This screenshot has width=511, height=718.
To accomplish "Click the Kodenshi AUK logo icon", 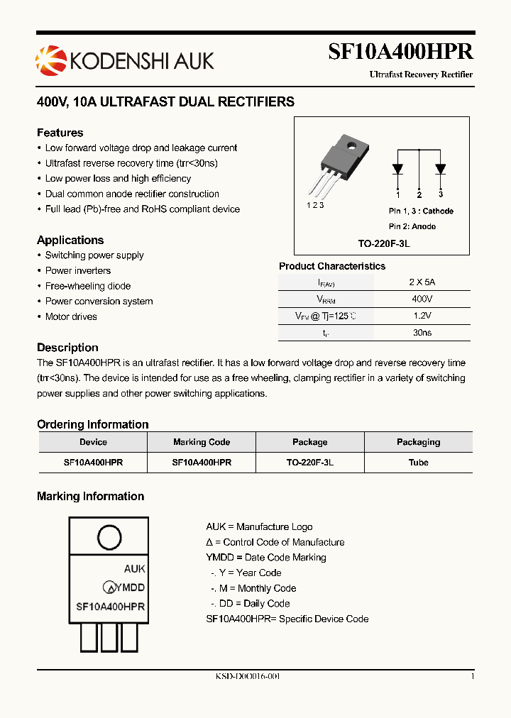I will click(50, 60).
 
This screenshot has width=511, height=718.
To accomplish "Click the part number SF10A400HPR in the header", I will click(400, 52).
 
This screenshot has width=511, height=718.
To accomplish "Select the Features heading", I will click(60, 133).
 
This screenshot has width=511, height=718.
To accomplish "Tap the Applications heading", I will click(70, 240).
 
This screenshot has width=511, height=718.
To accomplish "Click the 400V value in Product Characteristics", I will click(422, 299).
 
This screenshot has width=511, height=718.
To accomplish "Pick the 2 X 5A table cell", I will click(422, 282).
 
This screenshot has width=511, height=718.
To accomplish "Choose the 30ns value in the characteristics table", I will click(422, 332).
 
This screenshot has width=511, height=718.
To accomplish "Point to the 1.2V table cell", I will click(422, 316).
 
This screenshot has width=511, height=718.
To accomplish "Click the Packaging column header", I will click(418, 442).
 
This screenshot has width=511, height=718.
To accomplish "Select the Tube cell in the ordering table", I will click(418, 462).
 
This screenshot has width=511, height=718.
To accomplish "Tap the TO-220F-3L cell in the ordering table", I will click(309, 462).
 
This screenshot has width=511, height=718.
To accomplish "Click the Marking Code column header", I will click(202, 442).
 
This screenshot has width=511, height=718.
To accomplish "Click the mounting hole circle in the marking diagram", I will click(109, 536).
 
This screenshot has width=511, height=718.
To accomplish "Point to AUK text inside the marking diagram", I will click(134, 568).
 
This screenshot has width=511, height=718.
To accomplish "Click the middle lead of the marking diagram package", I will click(109, 637).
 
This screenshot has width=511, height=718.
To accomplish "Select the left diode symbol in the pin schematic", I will click(397, 169).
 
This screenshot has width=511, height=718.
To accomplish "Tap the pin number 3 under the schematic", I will click(441, 194).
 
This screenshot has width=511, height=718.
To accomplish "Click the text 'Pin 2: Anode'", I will click(412, 226).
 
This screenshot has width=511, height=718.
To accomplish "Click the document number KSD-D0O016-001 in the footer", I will click(248, 676).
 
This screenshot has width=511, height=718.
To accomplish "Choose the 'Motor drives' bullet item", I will click(71, 316).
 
